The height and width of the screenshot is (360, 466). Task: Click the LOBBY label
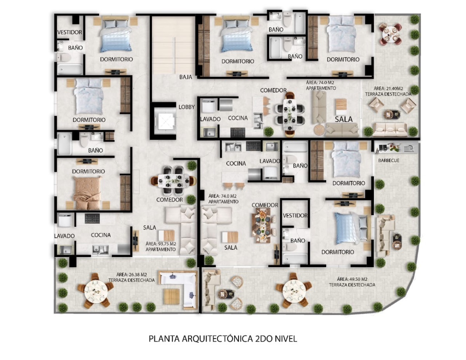pos(186,107)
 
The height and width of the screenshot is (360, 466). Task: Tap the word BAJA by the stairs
pos(186,77)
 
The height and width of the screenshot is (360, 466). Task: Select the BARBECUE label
pos(389,160)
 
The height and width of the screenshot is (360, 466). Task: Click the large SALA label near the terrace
pos(344,119)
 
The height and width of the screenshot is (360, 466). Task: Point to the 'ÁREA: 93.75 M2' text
pos(161,244)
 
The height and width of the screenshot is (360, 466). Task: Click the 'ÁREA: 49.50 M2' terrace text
pos(352,279)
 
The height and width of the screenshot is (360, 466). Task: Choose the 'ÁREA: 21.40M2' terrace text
pos(388,88)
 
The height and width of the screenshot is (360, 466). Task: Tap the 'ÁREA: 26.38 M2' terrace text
pos(132,275)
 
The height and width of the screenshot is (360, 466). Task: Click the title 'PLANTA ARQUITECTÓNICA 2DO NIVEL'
pos(223,339)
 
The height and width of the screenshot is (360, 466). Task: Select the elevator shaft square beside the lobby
pos(165,121)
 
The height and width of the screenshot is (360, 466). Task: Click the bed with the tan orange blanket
pos(87,193)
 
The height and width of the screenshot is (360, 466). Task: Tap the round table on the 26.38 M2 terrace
pos(96,291)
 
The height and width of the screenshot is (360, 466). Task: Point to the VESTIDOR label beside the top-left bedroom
pos(70,32)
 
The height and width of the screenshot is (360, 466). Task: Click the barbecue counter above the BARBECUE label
pos(396,148)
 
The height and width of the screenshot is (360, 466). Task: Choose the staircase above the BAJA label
pos(174,45)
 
